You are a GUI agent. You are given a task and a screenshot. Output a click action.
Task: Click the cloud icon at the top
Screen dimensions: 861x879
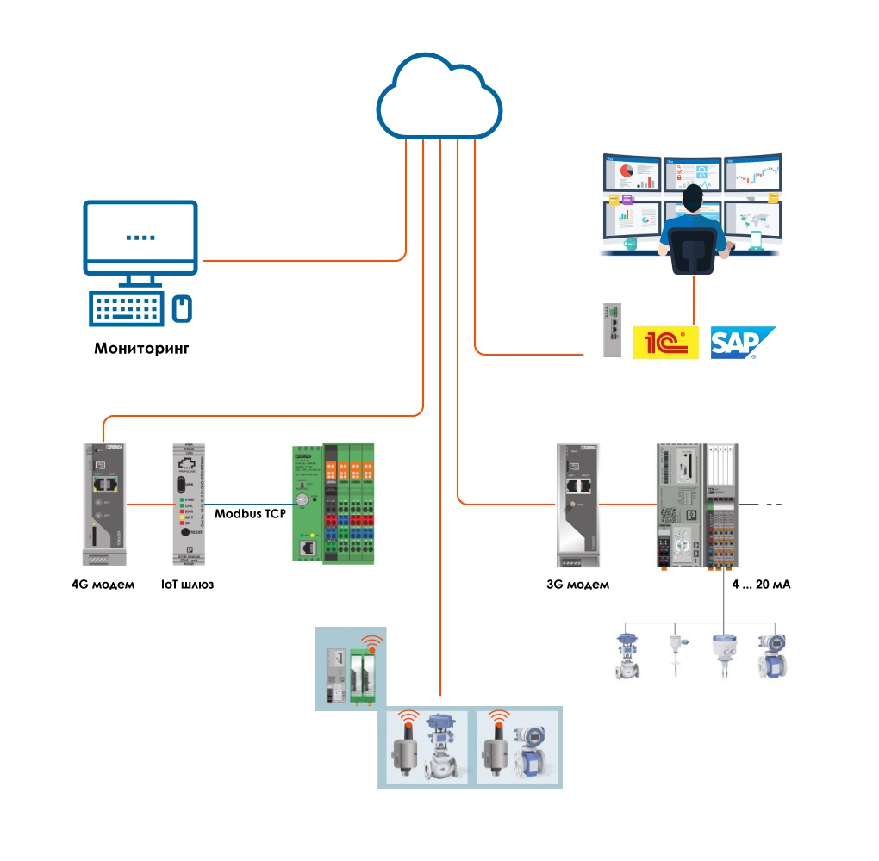[x=439, y=96]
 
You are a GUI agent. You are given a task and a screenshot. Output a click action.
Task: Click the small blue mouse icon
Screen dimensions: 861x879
[x=181, y=308]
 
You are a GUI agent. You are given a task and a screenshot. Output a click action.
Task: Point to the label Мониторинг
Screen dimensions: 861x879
[x=141, y=350]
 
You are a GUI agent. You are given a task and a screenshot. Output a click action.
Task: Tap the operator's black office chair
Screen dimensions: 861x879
[x=694, y=251]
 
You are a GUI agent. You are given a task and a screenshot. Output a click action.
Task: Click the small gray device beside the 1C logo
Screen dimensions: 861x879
[x=612, y=331]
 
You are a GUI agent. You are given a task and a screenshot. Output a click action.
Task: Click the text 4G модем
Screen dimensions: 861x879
[x=103, y=585]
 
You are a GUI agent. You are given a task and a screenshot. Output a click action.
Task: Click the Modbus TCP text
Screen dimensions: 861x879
[x=250, y=513]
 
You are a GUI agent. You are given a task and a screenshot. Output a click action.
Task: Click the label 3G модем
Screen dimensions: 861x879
[x=577, y=585]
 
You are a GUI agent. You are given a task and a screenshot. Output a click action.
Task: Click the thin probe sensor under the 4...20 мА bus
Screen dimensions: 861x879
[x=675, y=654]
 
